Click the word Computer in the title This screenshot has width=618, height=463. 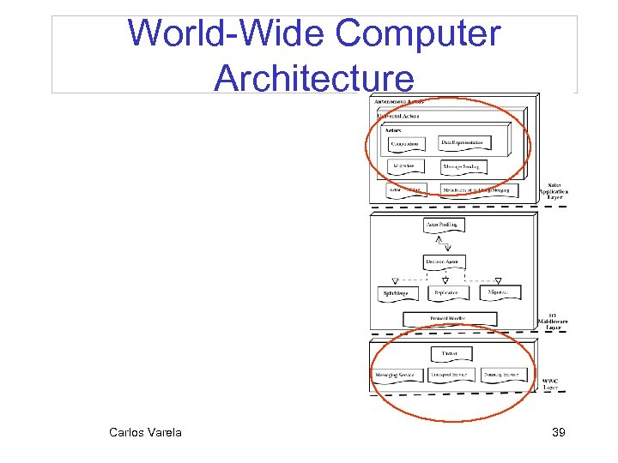417,34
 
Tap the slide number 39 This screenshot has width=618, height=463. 558,433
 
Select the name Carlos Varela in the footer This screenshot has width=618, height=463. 145,432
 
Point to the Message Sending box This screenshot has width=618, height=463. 464,166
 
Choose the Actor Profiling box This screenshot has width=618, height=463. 445,225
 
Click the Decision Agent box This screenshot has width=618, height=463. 445,261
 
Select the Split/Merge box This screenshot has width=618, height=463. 400,293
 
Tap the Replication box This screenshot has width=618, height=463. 446,292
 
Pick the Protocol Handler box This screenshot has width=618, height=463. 450,319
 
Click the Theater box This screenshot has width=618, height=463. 450,353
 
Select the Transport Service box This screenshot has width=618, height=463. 450,376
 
